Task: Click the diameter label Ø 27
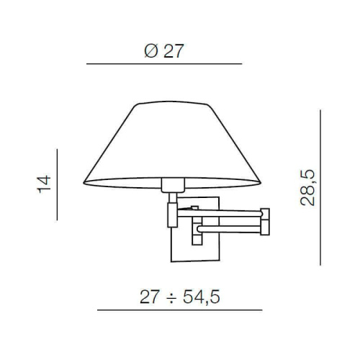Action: pos(164,51)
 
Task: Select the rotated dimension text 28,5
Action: pos(309,189)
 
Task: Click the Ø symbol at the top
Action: pos(148,51)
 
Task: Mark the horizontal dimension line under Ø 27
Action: pos(164,65)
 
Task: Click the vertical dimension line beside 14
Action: pos(56,184)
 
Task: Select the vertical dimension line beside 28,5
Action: pos(322,187)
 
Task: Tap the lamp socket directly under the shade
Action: pos(171,186)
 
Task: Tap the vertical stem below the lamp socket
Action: pos(171,213)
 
